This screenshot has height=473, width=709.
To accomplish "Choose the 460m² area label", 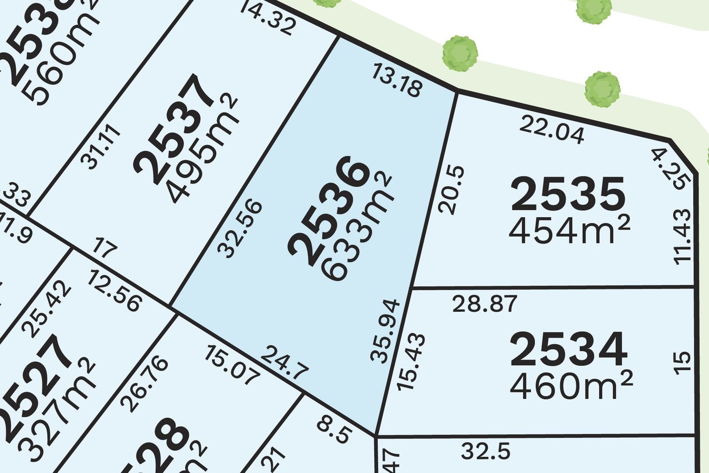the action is coord(572,385).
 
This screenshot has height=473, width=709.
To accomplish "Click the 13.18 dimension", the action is coord(397,80).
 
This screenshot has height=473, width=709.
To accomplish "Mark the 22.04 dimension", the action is coord(552,130).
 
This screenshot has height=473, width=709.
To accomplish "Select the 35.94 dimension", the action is coord(385,331).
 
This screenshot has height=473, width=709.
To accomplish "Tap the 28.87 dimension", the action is coord(485,304).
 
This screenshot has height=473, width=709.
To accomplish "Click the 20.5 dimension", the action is coord(447,189).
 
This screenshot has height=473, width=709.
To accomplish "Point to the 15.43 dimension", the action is coord(405,362).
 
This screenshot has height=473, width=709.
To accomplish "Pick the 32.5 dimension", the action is coord(486,451).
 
